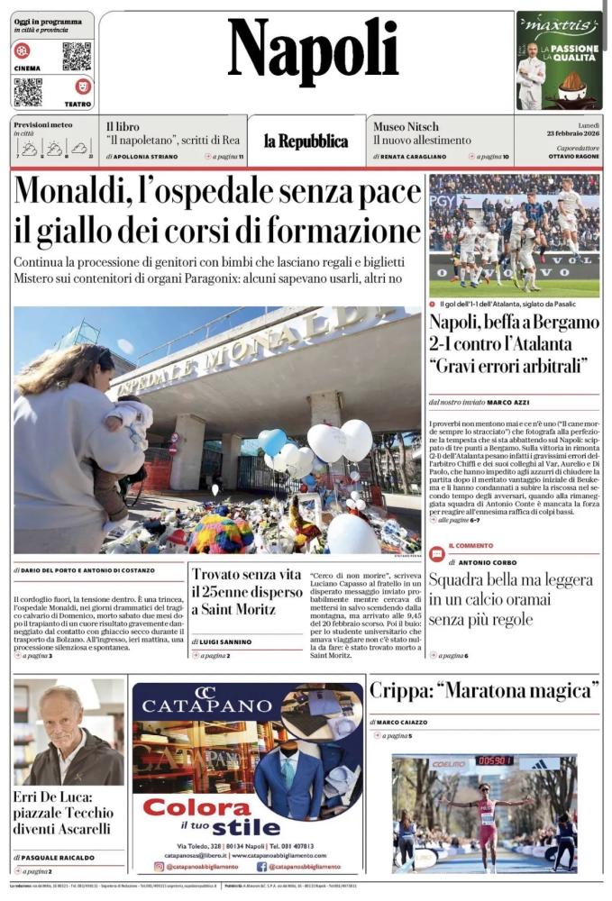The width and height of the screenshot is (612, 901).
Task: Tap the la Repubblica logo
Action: click(x=306, y=141)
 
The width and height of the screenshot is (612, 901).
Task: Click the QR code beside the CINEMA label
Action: click(x=77, y=56)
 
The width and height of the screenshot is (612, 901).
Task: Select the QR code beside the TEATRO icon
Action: click(x=28, y=92)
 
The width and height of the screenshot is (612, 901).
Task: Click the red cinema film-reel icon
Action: click(x=23, y=50)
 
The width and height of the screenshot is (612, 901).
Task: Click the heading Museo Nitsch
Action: click(x=406, y=126)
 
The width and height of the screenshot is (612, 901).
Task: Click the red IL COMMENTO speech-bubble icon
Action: click(x=437, y=554)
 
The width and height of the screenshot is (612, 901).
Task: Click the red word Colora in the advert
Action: click(x=197, y=806)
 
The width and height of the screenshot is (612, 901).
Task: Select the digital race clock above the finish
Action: click(x=495, y=760)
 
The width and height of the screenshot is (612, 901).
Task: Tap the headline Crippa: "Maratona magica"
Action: click(x=485, y=692)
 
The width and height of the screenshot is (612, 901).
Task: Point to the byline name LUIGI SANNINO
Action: click(x=230, y=642)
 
